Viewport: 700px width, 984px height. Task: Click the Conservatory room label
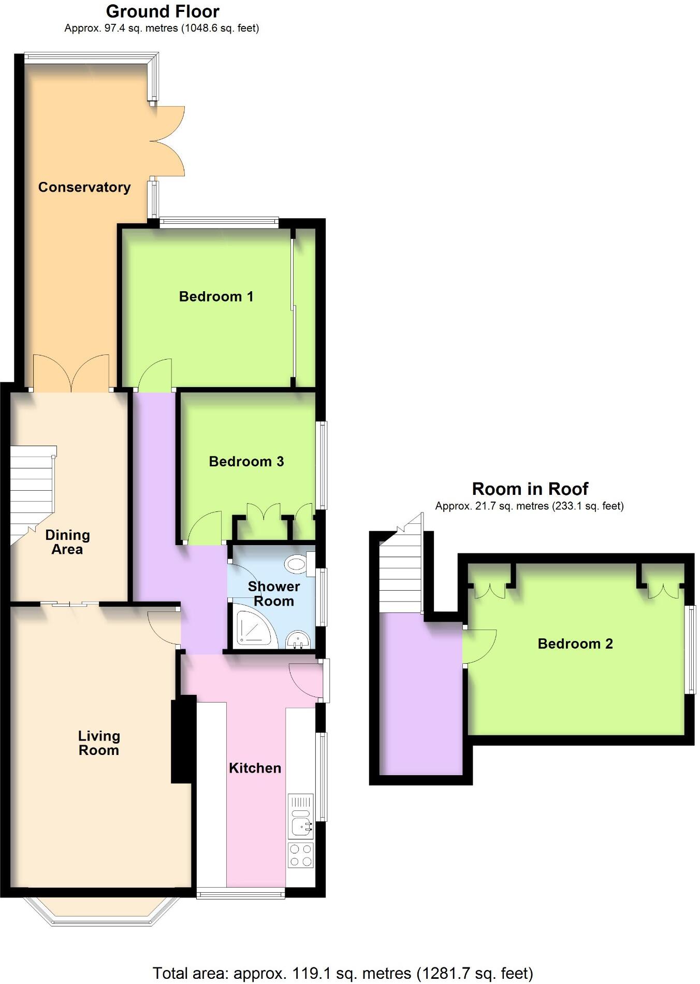[84, 187]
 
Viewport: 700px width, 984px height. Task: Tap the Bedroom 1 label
[216, 296]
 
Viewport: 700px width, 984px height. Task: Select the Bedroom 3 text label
[246, 461]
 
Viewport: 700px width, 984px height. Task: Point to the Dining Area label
[67, 542]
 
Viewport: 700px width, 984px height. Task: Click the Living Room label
[98, 743]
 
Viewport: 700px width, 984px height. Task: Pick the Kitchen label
[255, 768]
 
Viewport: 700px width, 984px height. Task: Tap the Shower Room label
[273, 594]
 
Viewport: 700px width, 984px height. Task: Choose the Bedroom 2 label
[575, 644]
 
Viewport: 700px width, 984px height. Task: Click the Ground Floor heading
[163, 11]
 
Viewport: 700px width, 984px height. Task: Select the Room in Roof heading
[530, 489]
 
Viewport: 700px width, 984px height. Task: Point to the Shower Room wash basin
[297, 639]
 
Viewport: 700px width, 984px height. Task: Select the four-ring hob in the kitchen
[300, 855]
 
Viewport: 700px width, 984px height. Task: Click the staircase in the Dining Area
[32, 492]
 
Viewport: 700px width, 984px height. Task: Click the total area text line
[342, 973]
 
